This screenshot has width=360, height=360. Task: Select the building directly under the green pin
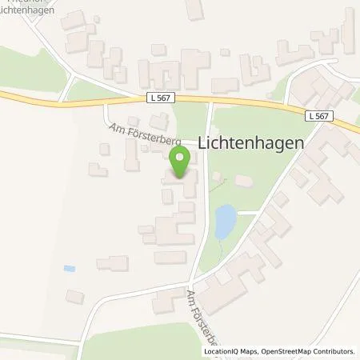(x=183, y=186)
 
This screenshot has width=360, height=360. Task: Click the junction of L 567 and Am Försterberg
(x=209, y=101)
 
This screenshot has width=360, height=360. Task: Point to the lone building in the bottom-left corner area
(x=74, y=297)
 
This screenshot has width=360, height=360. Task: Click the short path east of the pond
(x=248, y=213)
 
